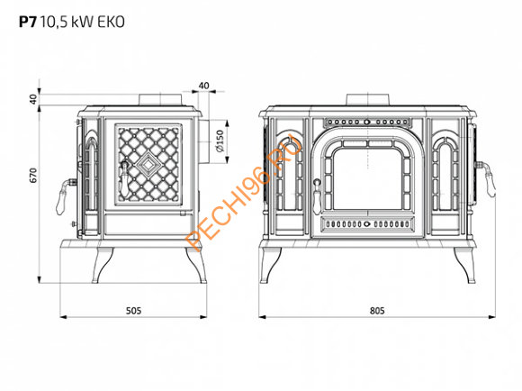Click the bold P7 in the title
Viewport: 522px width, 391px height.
click(27, 22)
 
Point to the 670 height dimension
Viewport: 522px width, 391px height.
click(33, 176)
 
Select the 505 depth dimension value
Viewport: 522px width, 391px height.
click(133, 311)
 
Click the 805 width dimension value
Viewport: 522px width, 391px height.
click(377, 311)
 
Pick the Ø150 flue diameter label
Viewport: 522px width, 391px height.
click(220, 141)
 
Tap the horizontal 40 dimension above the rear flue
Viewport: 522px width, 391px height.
click(203, 86)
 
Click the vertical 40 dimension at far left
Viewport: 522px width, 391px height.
click(33, 99)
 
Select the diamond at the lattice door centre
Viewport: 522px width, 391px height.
click(148, 164)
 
